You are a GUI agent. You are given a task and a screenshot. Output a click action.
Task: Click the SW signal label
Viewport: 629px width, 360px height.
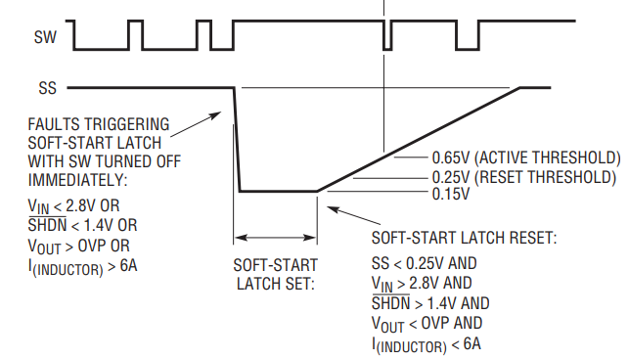pos(45,37)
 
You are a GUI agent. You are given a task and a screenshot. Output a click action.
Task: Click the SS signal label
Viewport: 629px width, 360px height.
pos(47,88)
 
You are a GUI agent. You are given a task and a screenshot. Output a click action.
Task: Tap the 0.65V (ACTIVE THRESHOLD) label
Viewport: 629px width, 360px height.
pos(526,157)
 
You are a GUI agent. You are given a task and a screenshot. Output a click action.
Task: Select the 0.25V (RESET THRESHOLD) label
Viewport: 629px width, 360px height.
pos(524,177)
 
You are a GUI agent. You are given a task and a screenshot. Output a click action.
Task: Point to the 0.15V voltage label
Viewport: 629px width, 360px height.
pos(451,195)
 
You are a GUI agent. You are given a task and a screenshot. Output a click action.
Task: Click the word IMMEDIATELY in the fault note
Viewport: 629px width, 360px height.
pos(77,180)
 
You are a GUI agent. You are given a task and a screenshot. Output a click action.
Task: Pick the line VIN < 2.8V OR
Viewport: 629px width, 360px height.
pos(73,206)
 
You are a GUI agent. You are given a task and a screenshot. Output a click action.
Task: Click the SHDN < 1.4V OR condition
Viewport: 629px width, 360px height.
pos(82,225)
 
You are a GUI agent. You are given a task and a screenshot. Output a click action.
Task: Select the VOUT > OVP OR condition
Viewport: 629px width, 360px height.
pos(78,246)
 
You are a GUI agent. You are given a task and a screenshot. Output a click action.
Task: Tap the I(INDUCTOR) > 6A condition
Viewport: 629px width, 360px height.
pos(82,267)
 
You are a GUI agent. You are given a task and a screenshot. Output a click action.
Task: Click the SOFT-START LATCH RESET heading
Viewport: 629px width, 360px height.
pos(464,238)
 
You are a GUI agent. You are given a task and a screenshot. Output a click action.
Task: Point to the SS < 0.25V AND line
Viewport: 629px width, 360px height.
pos(424,264)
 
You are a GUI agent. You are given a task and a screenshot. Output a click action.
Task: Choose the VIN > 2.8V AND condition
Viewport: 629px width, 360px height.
pos(422,284)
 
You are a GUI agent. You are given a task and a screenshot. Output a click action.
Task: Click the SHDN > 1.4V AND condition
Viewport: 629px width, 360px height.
pos(430,303)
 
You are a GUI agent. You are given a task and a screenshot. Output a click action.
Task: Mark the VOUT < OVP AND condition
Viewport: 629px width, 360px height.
pos(427,324)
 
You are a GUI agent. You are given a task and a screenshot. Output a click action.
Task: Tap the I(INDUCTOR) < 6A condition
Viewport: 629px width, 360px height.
pos(427,345)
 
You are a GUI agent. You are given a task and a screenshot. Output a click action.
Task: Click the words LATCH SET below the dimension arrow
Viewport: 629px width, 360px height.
pos(276,284)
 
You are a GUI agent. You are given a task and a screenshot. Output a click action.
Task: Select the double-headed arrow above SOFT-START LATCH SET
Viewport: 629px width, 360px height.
pos(275,238)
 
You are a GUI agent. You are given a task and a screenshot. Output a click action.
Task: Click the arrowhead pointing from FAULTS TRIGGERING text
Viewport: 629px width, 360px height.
pos(215,115)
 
